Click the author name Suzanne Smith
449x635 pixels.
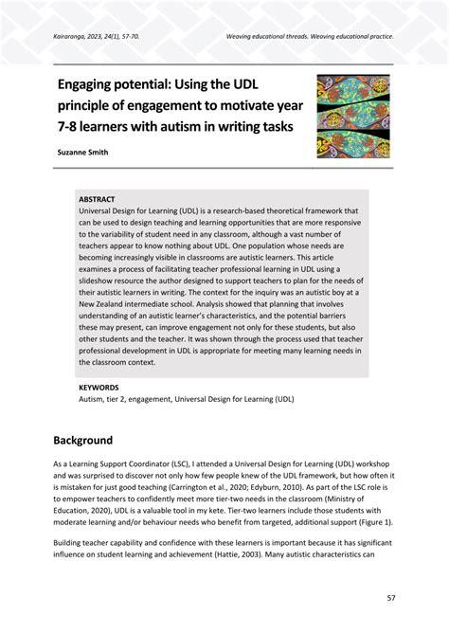(87, 151)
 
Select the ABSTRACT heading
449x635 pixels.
(98, 200)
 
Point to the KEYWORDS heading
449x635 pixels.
(99, 388)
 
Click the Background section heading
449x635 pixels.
(83, 440)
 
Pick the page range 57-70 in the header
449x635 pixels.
(129, 39)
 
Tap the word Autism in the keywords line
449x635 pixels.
(93, 399)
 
